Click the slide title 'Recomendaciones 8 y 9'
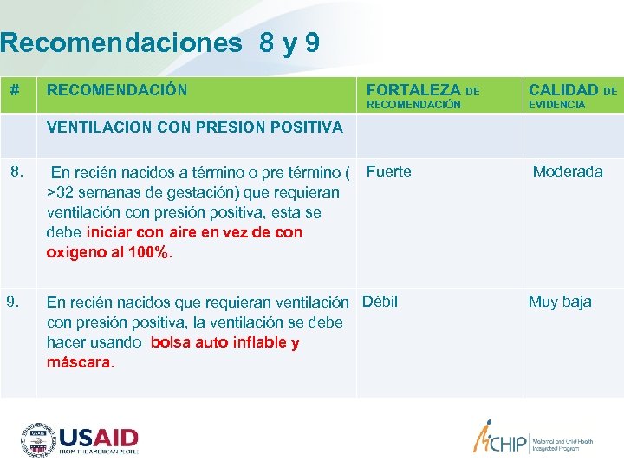tap(160, 43)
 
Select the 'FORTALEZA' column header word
tap(413, 89)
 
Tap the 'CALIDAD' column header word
tap(563, 89)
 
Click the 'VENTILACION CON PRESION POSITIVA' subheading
tap(195, 127)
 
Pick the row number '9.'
tap(15, 302)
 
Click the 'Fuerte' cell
tap(389, 172)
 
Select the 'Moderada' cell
tap(568, 172)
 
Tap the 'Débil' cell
tap(380, 302)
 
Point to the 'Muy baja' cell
tap(560, 302)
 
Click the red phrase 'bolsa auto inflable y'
tap(224, 342)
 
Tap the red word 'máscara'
tap(79, 362)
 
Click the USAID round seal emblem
tap(38, 439)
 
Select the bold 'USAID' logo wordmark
tap(99, 436)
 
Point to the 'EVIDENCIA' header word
tap(556, 105)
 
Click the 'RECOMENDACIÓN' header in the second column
tap(116, 90)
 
